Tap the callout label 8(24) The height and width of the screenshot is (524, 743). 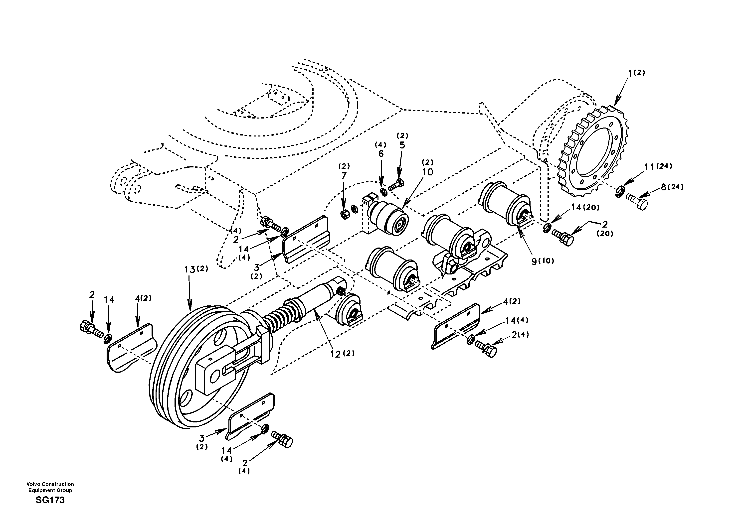click(x=672, y=187)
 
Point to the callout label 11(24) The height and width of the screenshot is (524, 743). click(x=658, y=167)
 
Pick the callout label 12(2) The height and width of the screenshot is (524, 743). click(x=342, y=354)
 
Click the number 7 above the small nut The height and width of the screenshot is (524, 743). click(x=344, y=176)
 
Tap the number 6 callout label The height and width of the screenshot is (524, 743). click(x=381, y=154)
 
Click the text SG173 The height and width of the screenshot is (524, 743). click(x=50, y=500)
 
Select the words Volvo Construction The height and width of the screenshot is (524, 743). click(x=50, y=484)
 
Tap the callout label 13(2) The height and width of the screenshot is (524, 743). click(x=196, y=269)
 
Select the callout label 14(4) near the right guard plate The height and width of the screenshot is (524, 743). click(x=517, y=320)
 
